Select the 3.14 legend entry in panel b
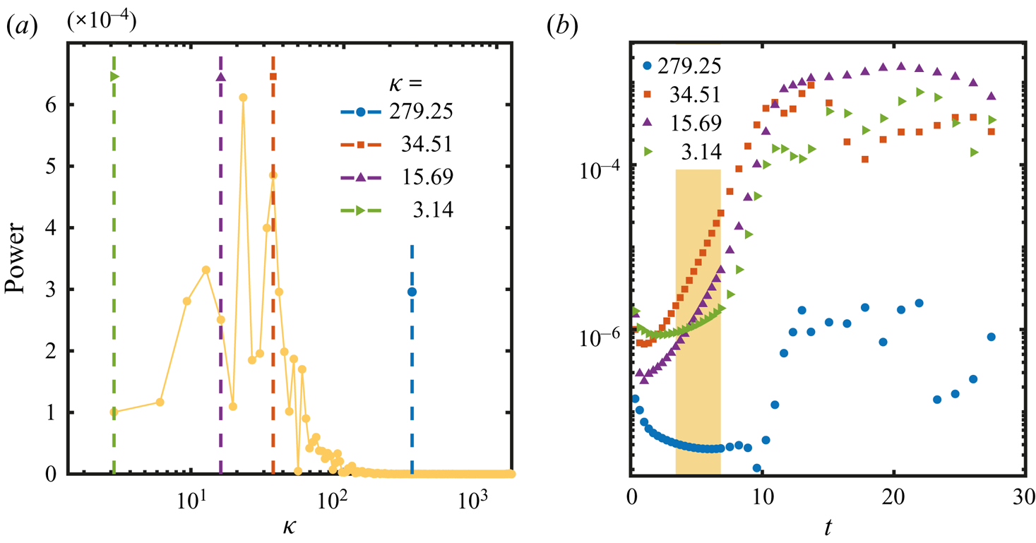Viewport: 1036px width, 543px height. [x=689, y=151]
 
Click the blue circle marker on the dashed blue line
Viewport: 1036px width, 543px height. [x=412, y=292]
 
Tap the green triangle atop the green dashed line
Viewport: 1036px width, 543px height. [x=114, y=76]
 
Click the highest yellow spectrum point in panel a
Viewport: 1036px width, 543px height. [x=243, y=97]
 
